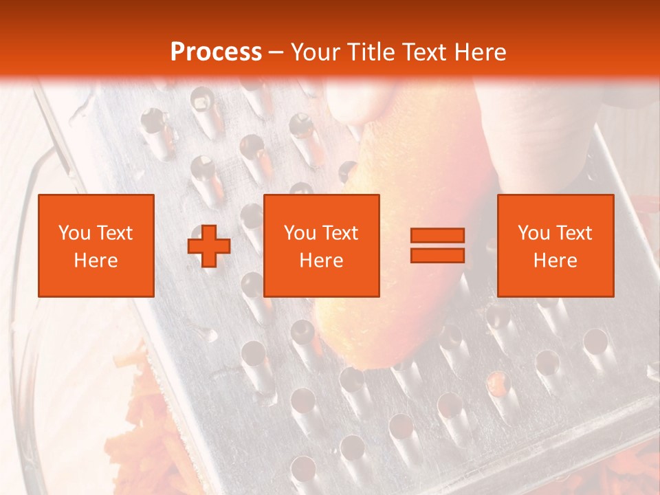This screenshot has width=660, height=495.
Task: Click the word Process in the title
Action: pyautogui.click(x=216, y=52)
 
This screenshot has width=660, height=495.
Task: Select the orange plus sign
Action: pyautogui.click(x=209, y=246)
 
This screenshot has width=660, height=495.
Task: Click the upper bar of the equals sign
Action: pyautogui.click(x=437, y=236)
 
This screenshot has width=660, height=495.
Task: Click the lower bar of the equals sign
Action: pyautogui.click(x=437, y=255)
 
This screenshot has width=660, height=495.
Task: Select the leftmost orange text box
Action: pyautogui.click(x=96, y=245)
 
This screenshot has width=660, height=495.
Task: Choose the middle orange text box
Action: pyautogui.click(x=322, y=245)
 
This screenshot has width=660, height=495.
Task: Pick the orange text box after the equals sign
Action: pyautogui.click(x=555, y=245)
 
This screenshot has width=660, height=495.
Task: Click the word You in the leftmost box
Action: pyautogui.click(x=74, y=233)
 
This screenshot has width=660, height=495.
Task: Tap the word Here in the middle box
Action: pyautogui.click(x=322, y=261)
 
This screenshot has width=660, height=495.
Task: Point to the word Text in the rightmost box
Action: pyautogui.click(x=575, y=233)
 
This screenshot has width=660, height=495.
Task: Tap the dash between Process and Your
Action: pyautogui.click(x=276, y=52)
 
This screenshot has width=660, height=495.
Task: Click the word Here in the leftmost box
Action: pyautogui.click(x=96, y=261)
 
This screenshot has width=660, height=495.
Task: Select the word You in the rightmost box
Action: pyautogui.click(x=533, y=233)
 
